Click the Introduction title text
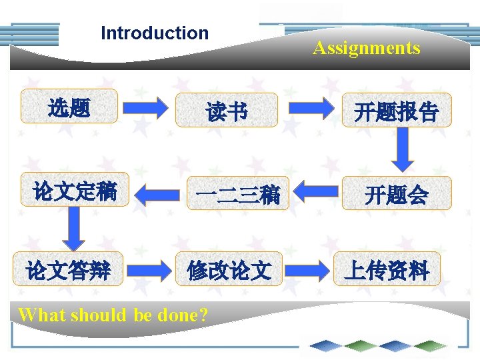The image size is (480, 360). (154, 33)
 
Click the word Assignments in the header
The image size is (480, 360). (366, 48)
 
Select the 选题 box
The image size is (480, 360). (69, 107)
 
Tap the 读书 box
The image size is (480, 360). (227, 111)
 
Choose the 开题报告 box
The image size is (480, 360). (396, 111)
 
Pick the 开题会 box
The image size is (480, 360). (396, 194)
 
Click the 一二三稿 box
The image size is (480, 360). (238, 194)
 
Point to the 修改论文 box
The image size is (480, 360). (229, 269)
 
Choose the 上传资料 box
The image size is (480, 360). (387, 269)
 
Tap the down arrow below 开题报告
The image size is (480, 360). (403, 150)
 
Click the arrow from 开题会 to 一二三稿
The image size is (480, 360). (316, 191)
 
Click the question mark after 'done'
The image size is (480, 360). (203, 315)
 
